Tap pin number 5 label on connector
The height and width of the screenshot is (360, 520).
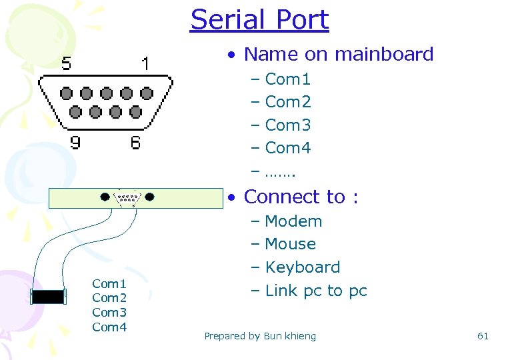click(x=67, y=64)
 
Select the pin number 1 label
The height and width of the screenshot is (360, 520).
click(x=145, y=64)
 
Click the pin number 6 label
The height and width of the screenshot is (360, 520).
click(x=135, y=142)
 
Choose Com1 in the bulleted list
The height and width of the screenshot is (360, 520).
click(x=287, y=79)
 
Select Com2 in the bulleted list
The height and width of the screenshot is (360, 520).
click(x=287, y=102)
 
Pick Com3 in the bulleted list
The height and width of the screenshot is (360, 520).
click(x=287, y=125)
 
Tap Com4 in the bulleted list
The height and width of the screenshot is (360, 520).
click(x=287, y=148)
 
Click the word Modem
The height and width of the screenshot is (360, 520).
click(x=293, y=221)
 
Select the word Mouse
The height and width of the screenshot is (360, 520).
click(x=290, y=244)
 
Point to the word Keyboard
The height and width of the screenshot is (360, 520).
click(x=302, y=267)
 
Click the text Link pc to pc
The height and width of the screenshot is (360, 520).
click(x=316, y=291)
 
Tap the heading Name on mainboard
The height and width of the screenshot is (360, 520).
click(x=339, y=54)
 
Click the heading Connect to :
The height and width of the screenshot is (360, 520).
click(x=301, y=197)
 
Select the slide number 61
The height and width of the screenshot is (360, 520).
click(x=483, y=336)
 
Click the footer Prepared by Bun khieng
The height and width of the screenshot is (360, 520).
click(x=260, y=336)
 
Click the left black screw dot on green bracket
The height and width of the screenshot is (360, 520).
click(x=105, y=197)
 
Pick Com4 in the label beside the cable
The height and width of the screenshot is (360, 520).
click(x=109, y=327)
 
